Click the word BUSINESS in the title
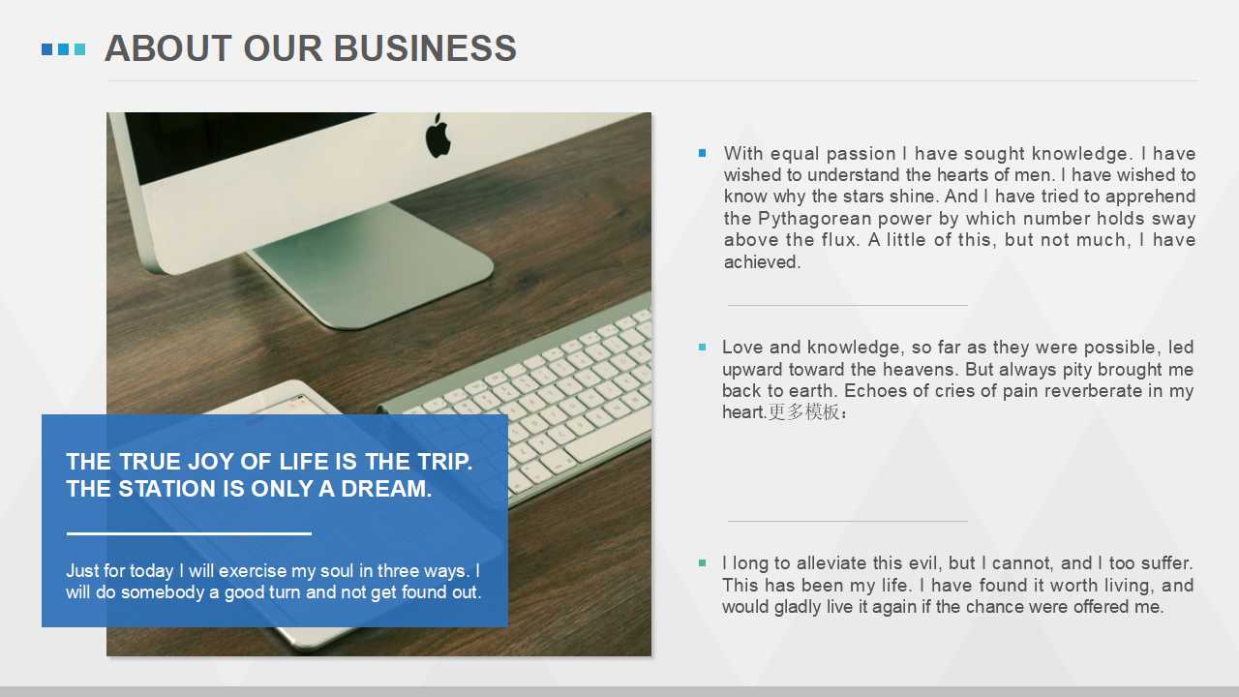tap(425, 48)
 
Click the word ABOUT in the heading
tap(168, 48)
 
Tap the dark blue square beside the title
tap(47, 49)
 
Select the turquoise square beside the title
tap(79, 49)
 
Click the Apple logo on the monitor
tap(438, 136)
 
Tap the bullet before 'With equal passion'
tap(702, 153)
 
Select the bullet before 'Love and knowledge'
tap(702, 347)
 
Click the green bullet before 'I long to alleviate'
tap(702, 562)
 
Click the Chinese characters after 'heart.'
tap(807, 412)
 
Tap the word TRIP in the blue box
tap(444, 462)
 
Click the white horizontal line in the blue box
tap(189, 533)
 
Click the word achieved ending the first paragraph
tap(762, 261)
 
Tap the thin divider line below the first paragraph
tap(847, 305)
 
